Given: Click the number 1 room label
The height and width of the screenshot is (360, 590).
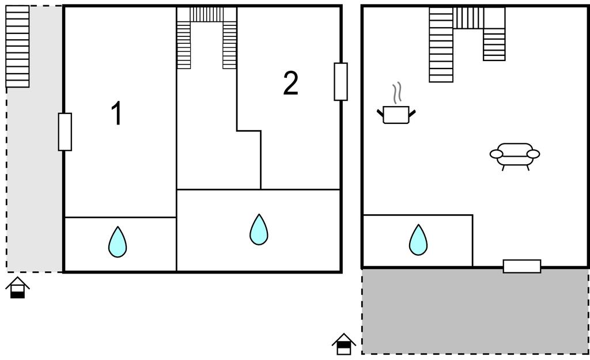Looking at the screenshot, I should [x=116, y=113].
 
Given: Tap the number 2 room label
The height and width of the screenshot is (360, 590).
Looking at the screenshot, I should [x=290, y=84].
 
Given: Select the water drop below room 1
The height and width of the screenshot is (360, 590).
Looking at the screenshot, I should [x=117, y=242].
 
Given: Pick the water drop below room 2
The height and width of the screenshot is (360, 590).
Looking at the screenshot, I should [x=259, y=229].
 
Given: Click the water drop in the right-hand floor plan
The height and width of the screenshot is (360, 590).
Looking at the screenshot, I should [x=418, y=240].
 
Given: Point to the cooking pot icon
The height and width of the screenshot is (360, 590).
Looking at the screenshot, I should [x=396, y=115].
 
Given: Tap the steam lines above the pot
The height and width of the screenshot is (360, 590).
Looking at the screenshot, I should [x=396, y=92].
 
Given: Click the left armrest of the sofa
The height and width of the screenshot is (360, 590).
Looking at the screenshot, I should [x=496, y=154].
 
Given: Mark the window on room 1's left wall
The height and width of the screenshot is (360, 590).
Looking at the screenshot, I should [x=65, y=132].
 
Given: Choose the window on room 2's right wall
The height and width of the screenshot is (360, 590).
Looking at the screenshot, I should [x=341, y=82].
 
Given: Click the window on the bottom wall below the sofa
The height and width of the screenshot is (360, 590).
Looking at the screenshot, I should [x=522, y=266].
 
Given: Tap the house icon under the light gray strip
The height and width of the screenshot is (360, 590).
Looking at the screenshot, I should [x=18, y=287].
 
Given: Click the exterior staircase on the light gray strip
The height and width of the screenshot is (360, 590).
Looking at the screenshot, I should [x=17, y=46].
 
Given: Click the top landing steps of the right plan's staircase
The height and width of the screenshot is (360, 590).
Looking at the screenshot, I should [x=468, y=18].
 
